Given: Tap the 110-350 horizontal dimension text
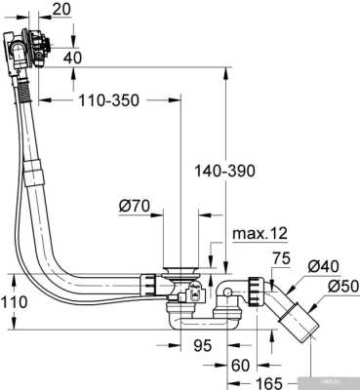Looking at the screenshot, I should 106,101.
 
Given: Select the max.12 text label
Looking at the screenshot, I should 260,234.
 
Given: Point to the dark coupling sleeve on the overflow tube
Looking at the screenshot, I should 33,176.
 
